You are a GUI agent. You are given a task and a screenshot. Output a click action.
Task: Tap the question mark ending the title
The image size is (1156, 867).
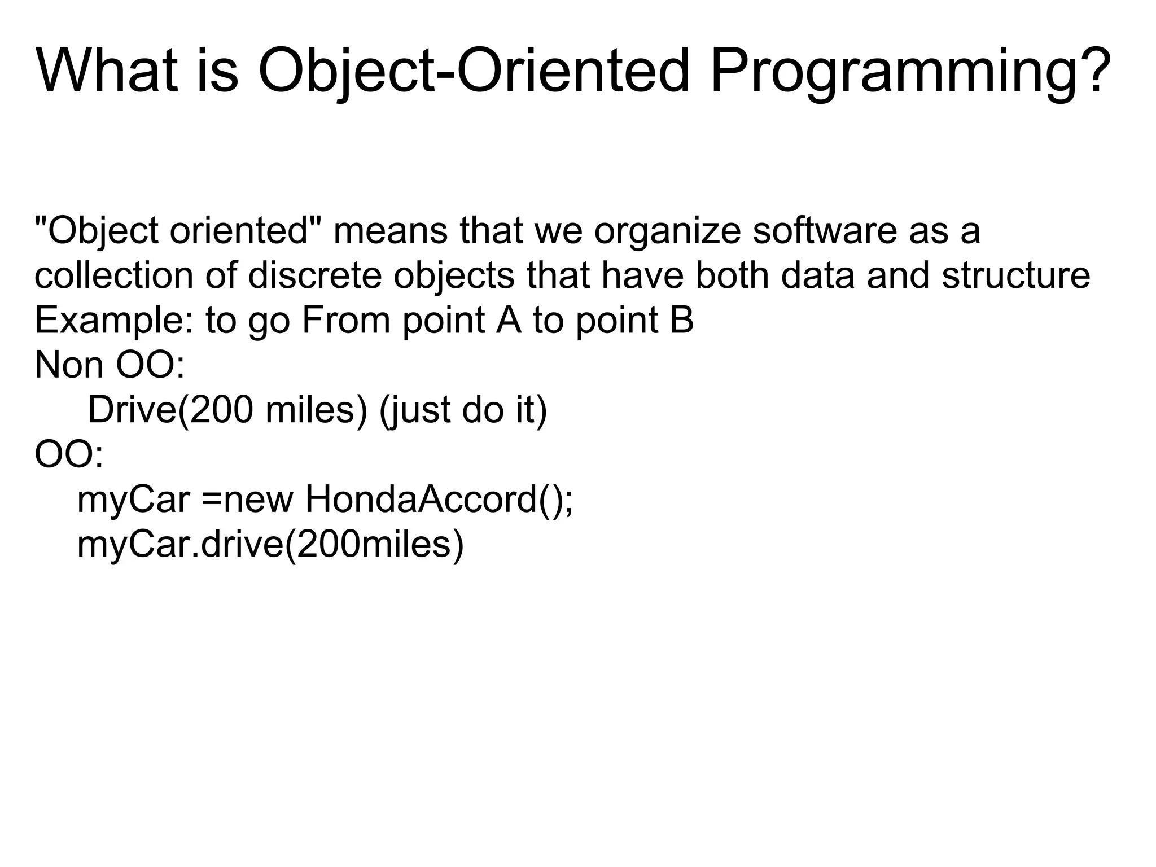1096,71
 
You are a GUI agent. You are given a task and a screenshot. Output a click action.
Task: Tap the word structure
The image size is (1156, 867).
1015,276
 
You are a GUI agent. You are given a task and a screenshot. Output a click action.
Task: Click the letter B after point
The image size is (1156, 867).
682,320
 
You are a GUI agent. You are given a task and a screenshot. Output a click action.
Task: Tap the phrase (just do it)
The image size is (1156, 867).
463,411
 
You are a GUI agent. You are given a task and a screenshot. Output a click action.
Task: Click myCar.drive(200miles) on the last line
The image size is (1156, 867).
270,545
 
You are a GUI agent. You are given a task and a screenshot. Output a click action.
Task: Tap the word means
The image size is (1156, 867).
390,233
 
